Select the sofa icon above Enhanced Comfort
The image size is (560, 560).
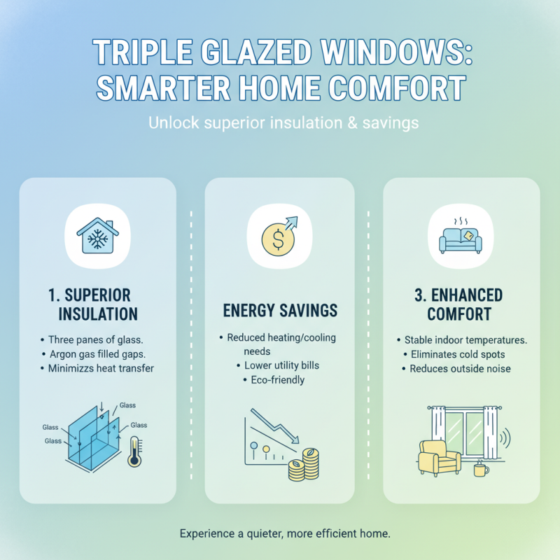461,237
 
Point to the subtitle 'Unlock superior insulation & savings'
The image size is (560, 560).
283,122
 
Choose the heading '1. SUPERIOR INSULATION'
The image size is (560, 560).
97,303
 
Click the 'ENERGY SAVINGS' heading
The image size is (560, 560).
280,309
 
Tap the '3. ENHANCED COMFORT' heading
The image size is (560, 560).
461,303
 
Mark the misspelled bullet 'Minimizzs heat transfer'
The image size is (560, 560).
99,368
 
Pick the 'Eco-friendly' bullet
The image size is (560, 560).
277,380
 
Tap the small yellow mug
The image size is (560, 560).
480,470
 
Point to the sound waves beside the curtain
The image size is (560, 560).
505,440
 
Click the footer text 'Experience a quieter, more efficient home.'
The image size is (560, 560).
283,533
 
